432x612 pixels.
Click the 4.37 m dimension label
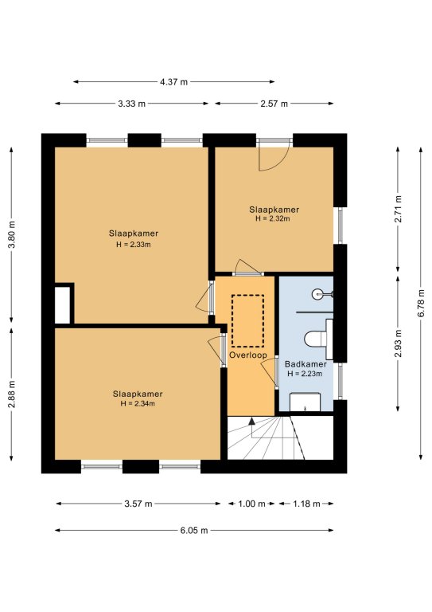[173, 82]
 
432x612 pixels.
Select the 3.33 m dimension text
[131, 104]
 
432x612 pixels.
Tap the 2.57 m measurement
[274, 104]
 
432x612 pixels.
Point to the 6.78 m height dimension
[421, 304]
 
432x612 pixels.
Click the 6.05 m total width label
[194, 531]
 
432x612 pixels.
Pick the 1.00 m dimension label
[251, 504]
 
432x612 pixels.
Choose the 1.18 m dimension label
[306, 504]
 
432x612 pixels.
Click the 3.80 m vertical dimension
[12, 234]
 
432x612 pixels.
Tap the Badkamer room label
[306, 364]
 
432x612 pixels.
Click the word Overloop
[248, 355]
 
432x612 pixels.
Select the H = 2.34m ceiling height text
[138, 403]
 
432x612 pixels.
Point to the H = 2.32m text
[273, 218]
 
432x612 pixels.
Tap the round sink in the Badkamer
[318, 293]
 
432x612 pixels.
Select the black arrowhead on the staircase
[251, 421]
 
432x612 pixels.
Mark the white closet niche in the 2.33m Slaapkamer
[62, 305]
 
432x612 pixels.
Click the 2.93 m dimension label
[398, 343]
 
